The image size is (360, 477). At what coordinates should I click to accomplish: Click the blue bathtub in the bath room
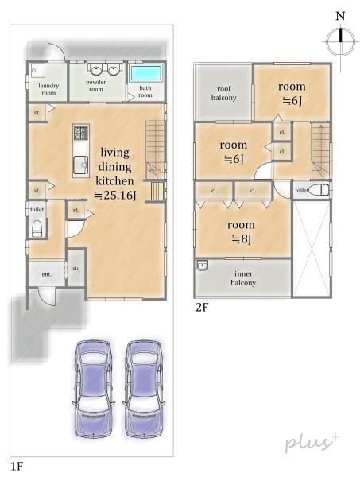(145, 74)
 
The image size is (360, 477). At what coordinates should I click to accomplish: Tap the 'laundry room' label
(48, 89)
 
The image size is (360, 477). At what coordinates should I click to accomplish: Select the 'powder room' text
(96, 86)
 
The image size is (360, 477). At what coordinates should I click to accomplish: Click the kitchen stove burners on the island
(81, 133)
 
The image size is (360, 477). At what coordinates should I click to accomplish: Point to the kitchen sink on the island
(81, 165)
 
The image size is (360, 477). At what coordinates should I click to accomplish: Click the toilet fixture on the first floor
(37, 228)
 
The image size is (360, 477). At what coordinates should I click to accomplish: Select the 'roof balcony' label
(224, 93)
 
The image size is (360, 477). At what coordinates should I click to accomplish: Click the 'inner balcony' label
(243, 278)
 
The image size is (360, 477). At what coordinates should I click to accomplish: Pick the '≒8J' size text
(242, 239)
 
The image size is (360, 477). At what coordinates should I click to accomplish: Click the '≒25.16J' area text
(115, 196)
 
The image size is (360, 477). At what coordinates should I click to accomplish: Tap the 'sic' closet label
(76, 269)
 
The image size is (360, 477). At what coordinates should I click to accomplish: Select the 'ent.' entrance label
(47, 274)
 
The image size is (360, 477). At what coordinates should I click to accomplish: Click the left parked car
(93, 389)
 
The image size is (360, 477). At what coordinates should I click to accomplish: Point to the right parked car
(144, 389)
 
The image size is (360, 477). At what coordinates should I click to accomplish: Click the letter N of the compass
(340, 16)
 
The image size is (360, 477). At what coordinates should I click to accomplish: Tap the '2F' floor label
(202, 308)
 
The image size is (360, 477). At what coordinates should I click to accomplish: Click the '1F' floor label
(17, 466)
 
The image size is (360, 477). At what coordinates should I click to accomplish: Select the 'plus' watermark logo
(312, 444)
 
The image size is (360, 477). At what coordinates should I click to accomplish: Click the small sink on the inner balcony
(202, 266)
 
